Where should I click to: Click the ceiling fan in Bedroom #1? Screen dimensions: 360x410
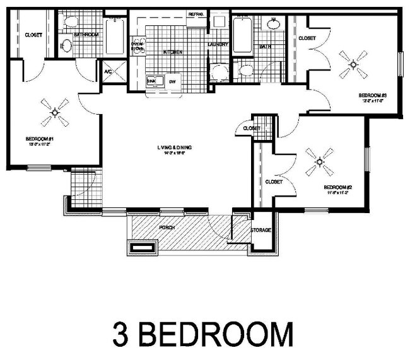click(x=54, y=112)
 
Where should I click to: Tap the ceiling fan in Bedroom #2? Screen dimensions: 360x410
click(x=319, y=162)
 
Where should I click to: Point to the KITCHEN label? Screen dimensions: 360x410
click(x=173, y=52)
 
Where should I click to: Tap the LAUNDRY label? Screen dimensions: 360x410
click(x=218, y=44)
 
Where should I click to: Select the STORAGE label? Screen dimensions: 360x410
click(x=261, y=231)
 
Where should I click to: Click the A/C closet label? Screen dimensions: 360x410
click(x=108, y=72)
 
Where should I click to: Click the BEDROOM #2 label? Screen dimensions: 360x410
click(x=336, y=187)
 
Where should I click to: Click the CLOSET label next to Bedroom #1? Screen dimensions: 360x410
click(x=33, y=35)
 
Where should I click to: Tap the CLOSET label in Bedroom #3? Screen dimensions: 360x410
click(x=307, y=38)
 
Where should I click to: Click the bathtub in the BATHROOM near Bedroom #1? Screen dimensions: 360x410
click(x=114, y=37)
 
